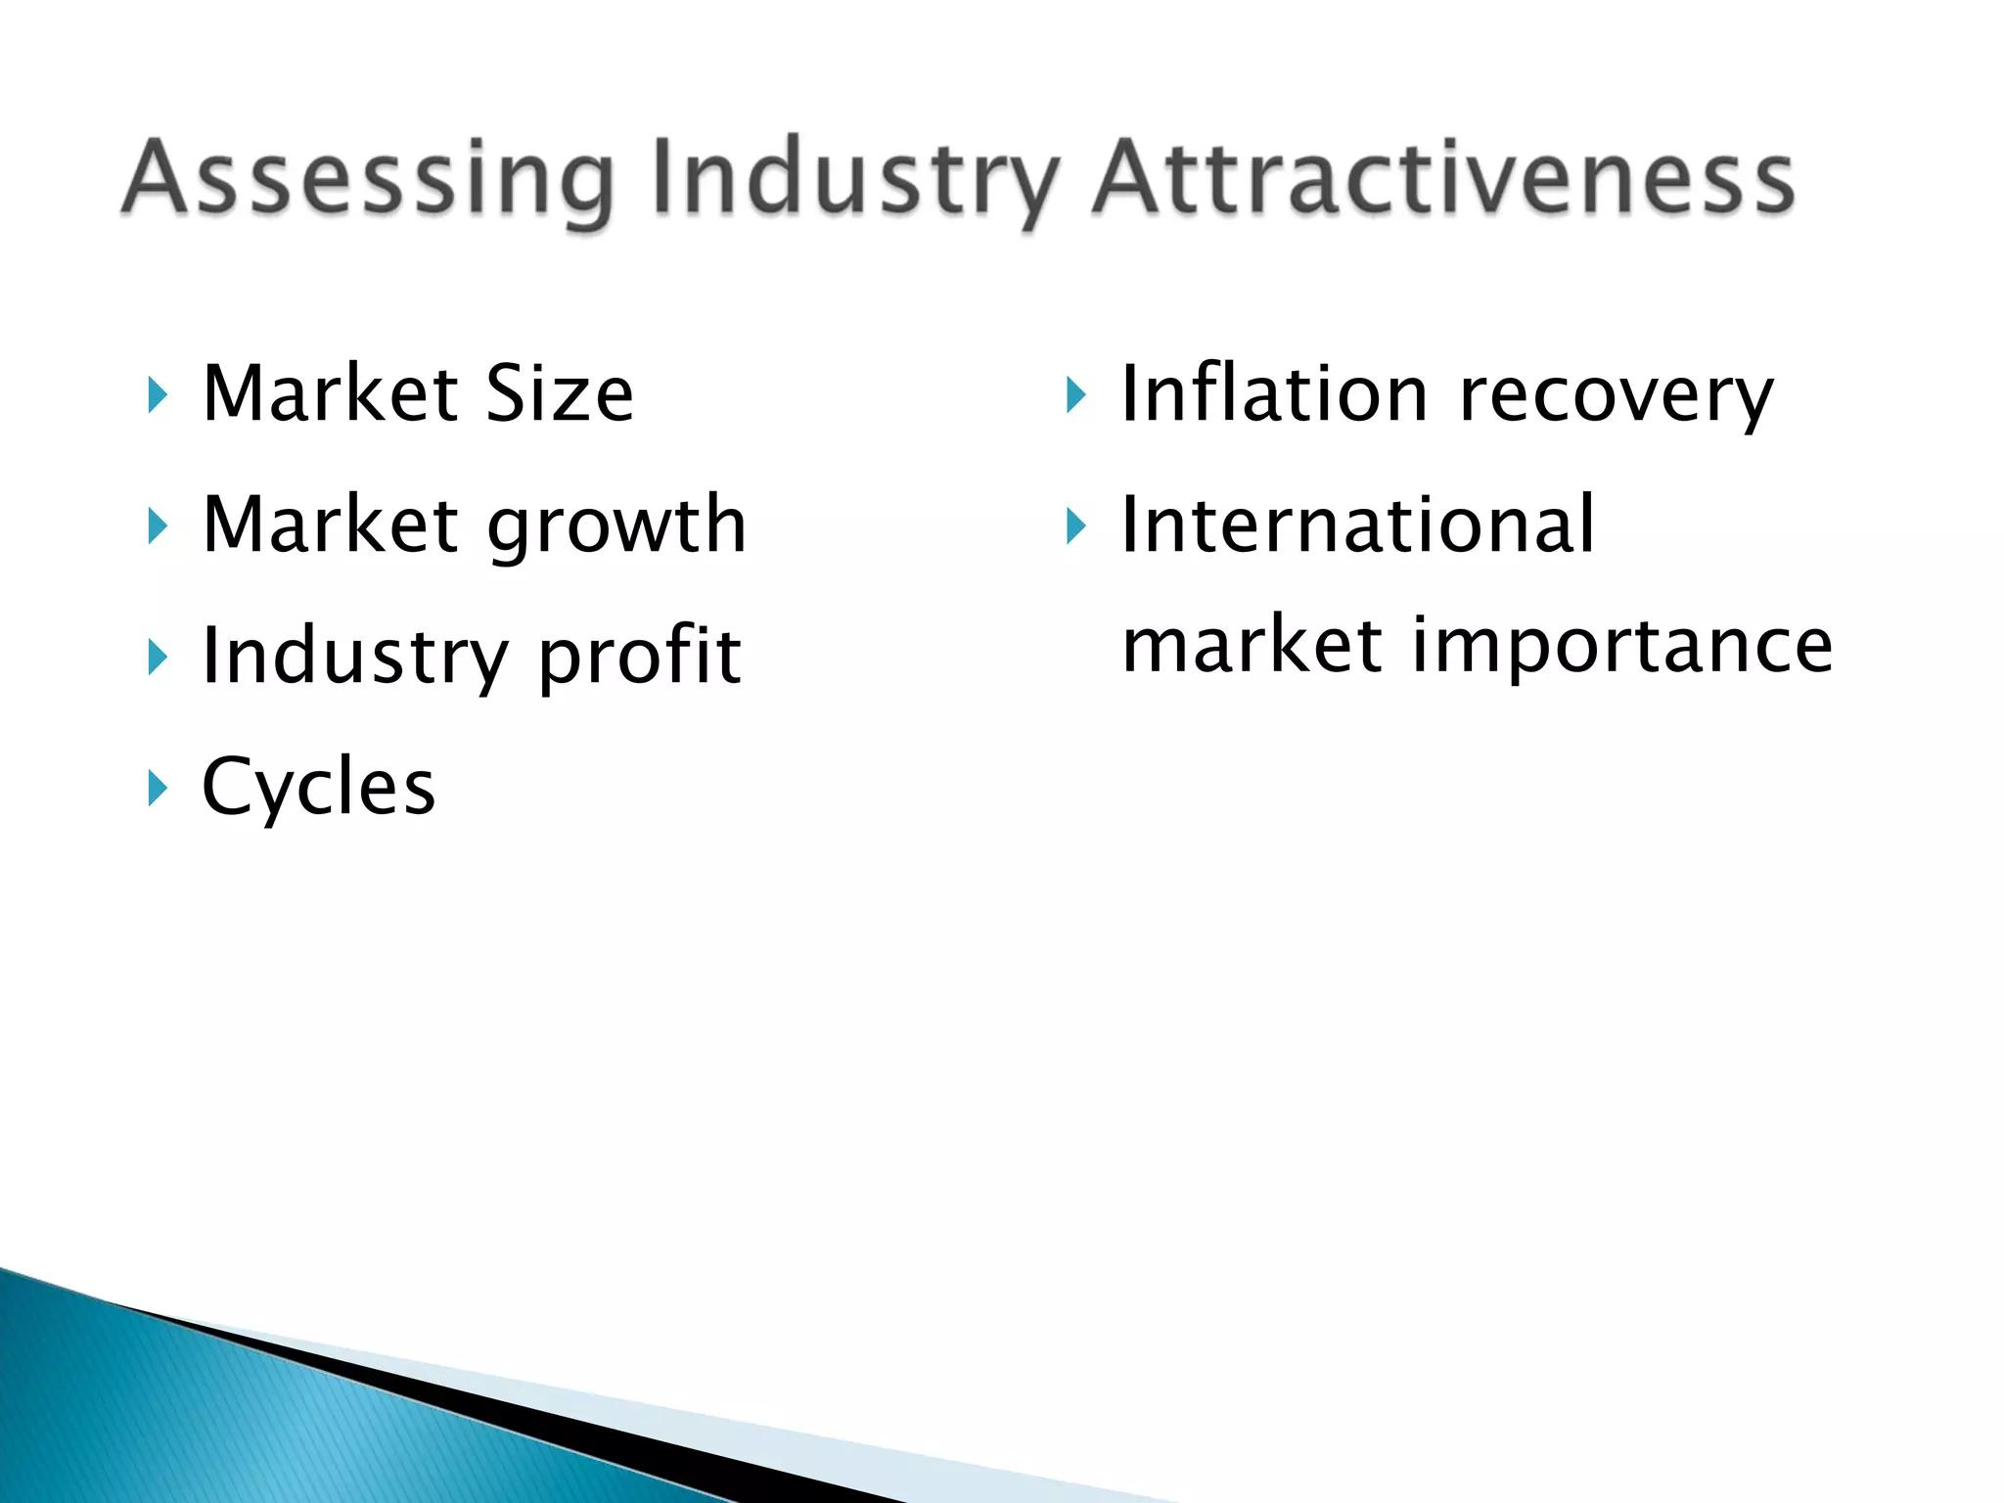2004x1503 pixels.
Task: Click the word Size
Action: tap(560, 393)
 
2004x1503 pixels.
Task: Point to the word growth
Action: tap(616, 526)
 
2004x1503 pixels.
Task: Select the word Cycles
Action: tap(319, 787)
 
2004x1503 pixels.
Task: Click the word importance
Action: tap(1622, 648)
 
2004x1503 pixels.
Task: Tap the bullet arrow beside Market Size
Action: tap(158, 395)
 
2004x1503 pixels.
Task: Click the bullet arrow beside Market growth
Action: tap(158, 526)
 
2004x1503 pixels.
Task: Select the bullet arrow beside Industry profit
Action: tap(158, 657)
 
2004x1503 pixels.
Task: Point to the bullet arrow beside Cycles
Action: tap(158, 787)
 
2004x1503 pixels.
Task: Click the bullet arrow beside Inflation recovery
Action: tap(1075, 395)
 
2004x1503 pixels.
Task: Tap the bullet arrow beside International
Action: tap(1075, 526)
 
